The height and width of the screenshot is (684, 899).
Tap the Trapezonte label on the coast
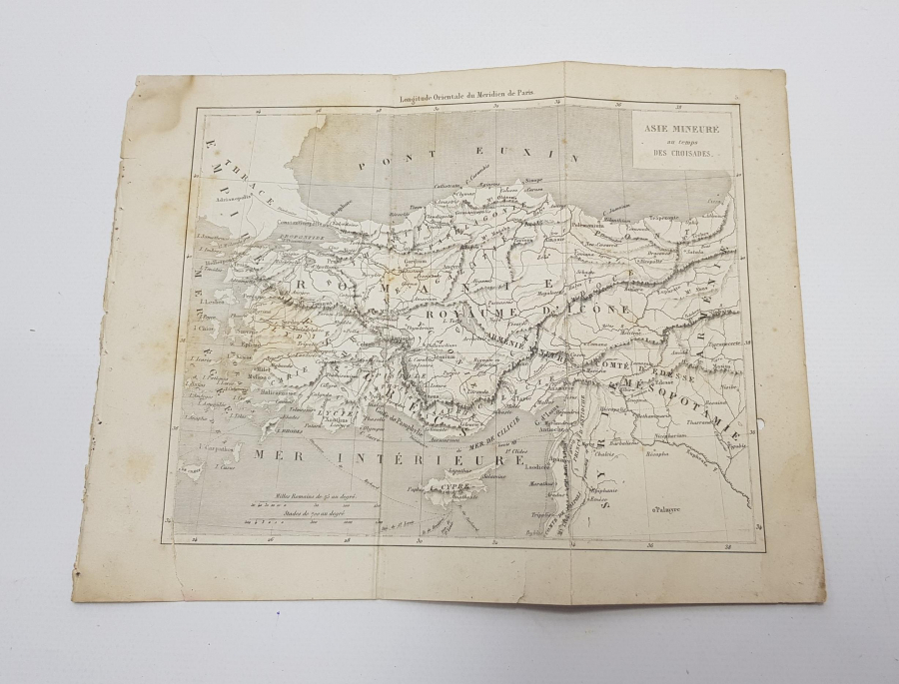point(661,216)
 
